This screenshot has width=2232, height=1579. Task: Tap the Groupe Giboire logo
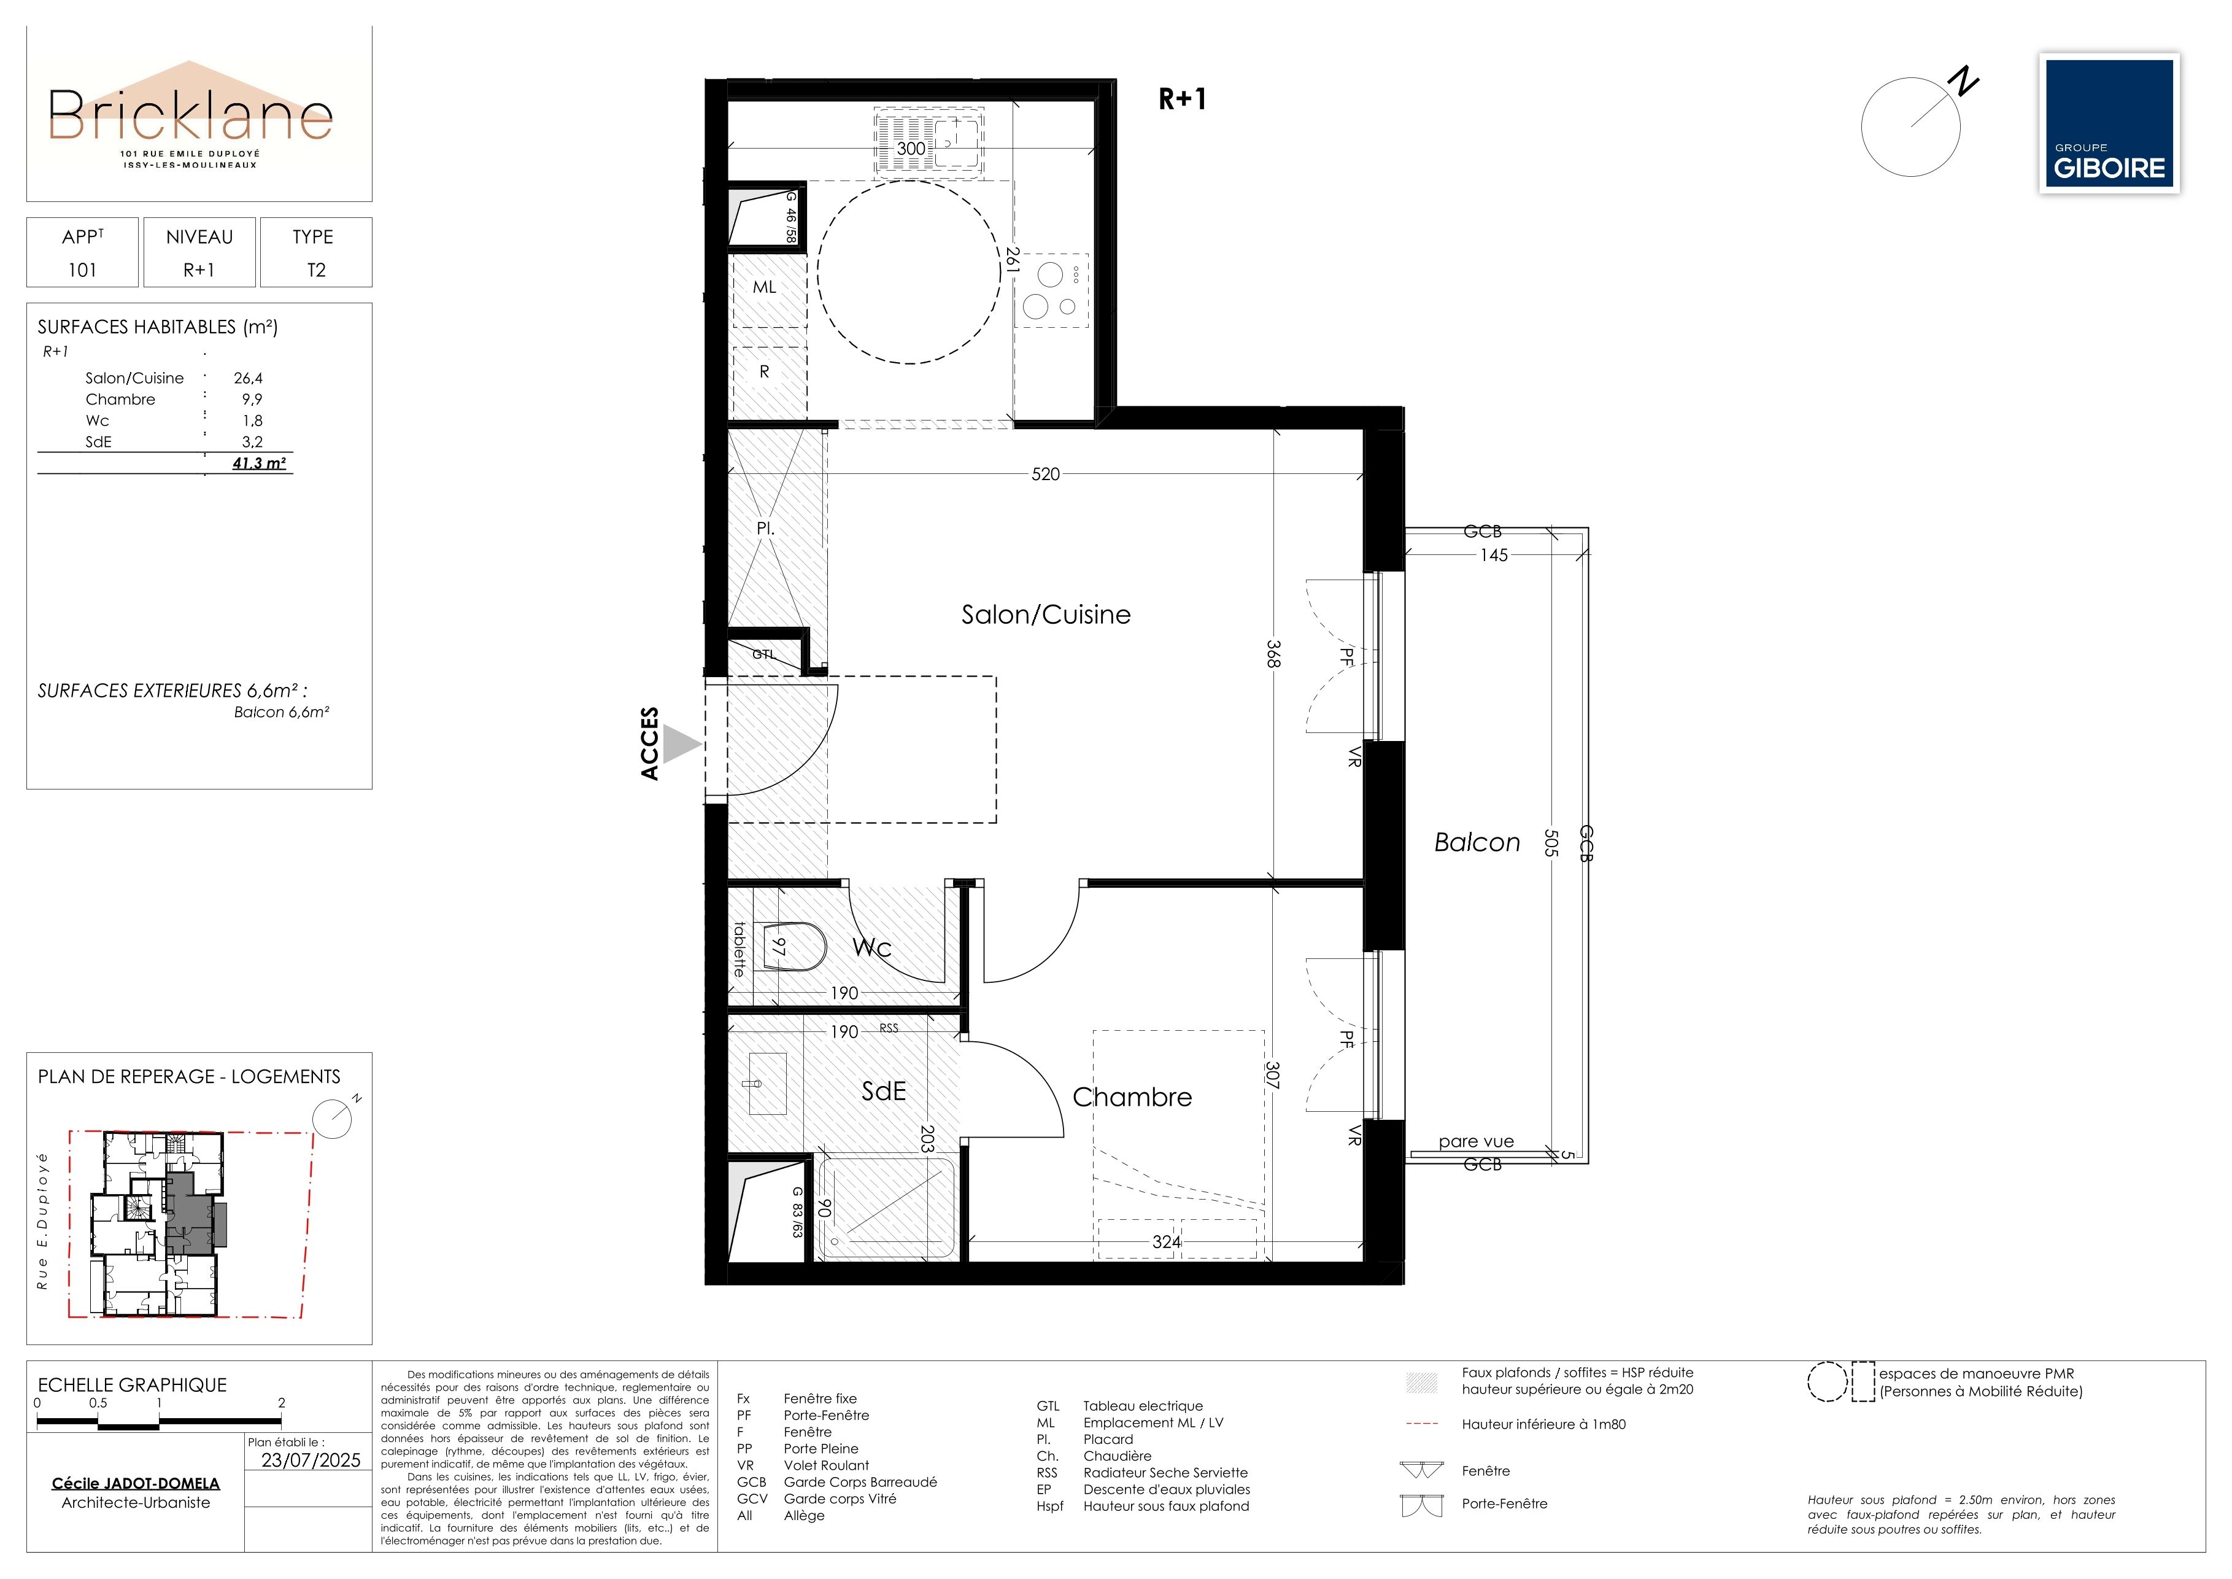[2109, 123]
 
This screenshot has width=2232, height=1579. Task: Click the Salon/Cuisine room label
[1046, 615]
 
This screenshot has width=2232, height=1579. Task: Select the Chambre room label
[1132, 1096]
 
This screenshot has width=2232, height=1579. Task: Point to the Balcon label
[1477, 842]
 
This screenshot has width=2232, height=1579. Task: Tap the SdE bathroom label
[884, 1091]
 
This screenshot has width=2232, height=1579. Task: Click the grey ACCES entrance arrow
[684, 746]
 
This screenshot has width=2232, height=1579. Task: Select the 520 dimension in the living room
[1045, 475]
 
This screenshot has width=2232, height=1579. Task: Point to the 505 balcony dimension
[1551, 842]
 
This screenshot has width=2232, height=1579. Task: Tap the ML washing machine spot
[765, 287]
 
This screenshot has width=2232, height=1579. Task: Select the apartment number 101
[83, 270]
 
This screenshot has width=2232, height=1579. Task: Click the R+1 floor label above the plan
[1182, 99]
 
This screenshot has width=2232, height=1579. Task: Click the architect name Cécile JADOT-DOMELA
[136, 1484]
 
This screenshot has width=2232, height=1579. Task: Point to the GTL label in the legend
[1048, 1406]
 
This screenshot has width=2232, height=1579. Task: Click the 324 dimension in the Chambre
[1167, 1241]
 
